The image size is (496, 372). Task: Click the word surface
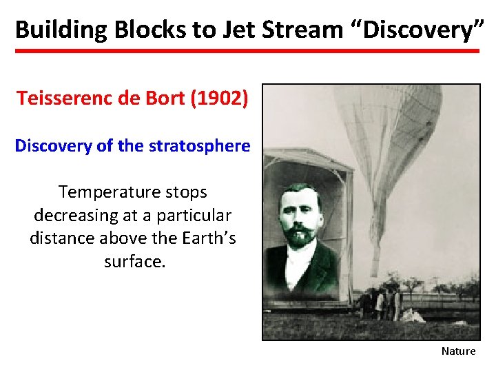[x=134, y=262]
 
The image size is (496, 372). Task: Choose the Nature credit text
[x=458, y=351]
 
